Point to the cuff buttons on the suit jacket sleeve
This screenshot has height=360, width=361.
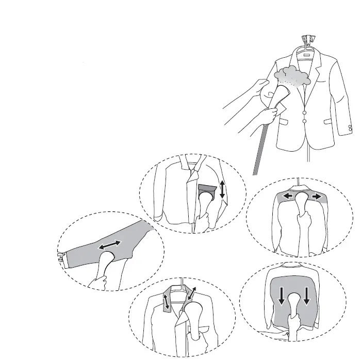tap(351, 127)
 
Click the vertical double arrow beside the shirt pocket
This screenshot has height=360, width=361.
tap(222, 189)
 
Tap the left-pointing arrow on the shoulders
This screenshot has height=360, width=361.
tap(287, 197)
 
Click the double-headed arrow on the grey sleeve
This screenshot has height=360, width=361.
tap(110, 246)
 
